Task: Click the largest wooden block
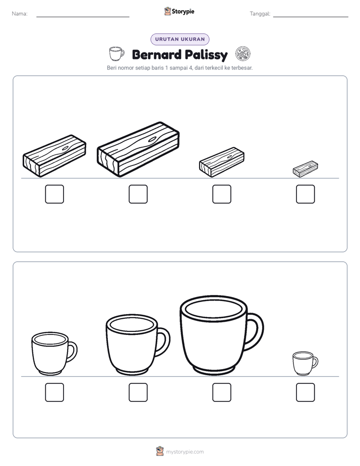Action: pyautogui.click(x=138, y=149)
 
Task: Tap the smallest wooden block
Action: pyautogui.click(x=306, y=169)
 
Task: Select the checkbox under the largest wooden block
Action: pyautogui.click(x=138, y=194)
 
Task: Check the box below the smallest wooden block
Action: pyautogui.click(x=306, y=194)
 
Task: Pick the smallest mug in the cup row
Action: pyautogui.click(x=305, y=363)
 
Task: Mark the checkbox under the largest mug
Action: pyautogui.click(x=221, y=392)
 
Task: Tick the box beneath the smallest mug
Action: pyautogui.click(x=306, y=392)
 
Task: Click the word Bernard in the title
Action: pyautogui.click(x=156, y=54)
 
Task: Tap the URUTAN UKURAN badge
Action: pyautogui.click(x=180, y=39)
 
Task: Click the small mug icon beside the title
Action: pyautogui.click(x=116, y=53)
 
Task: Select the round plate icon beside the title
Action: pyautogui.click(x=243, y=54)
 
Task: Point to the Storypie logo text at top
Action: pyautogui.click(x=183, y=12)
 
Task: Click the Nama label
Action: pyautogui.click(x=20, y=14)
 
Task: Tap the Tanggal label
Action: pyautogui.click(x=260, y=14)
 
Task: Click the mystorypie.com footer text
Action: pyautogui.click(x=185, y=452)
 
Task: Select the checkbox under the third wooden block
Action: pyautogui.click(x=221, y=194)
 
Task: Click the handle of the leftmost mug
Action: pyautogui.click(x=73, y=352)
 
